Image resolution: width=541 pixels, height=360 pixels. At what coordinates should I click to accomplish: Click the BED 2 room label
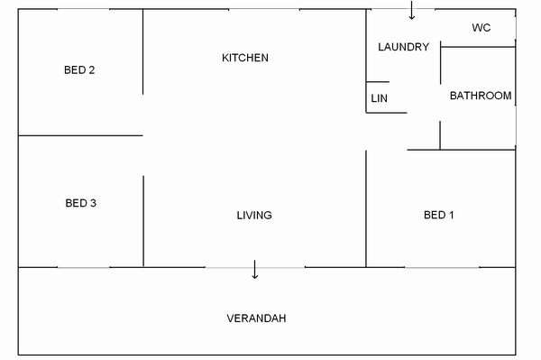pos(79,70)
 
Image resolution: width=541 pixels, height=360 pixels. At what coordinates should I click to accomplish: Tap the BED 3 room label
pos(81,203)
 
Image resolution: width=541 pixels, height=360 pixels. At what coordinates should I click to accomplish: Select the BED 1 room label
pos(439,215)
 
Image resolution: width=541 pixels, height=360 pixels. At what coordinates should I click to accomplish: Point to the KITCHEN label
pos(245,58)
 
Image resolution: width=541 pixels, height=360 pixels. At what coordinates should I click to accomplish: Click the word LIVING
pos(254,216)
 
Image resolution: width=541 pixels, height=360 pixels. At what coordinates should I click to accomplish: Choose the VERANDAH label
pos(256,318)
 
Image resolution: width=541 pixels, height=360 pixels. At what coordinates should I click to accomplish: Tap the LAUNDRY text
pos(403,47)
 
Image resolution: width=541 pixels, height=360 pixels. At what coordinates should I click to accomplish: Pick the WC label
pos(481,28)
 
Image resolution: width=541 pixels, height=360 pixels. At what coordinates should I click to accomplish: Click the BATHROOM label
pos(481,96)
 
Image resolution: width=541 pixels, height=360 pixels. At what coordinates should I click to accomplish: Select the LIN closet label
pos(380,98)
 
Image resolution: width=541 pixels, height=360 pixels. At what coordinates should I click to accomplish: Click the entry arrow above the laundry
pos(412,10)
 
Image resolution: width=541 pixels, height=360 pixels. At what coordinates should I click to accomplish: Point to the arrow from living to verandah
pos(255,269)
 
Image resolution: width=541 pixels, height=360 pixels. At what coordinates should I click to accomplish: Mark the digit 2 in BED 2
pos(91,70)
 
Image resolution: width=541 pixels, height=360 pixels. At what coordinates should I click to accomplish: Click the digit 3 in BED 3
pos(93,203)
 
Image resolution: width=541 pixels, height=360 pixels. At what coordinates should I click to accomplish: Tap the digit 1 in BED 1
pos(452,215)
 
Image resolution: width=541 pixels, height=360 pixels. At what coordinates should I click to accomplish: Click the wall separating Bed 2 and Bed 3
pos(80,135)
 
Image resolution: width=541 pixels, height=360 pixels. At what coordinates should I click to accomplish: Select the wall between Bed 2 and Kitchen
pos(142,51)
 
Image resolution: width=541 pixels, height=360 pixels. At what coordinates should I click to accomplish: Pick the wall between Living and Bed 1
pos(366,208)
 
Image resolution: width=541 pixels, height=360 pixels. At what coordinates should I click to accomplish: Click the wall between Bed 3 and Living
pos(143,221)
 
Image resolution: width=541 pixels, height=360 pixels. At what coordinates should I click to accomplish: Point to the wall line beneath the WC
pos(478,47)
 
